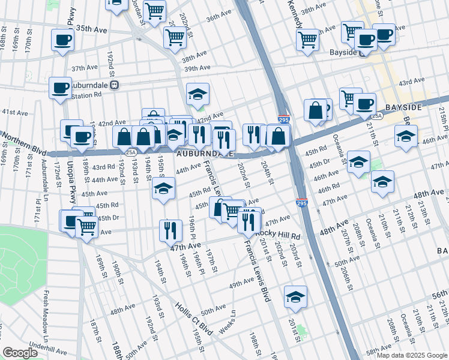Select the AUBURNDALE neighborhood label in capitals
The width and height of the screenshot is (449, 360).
tap(205, 154)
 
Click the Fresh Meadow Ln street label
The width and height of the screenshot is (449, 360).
tap(45, 313)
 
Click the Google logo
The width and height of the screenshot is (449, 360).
tap(20, 353)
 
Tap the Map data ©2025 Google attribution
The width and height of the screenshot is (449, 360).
tap(412, 355)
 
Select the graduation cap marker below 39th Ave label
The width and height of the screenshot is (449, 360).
tap(197, 94)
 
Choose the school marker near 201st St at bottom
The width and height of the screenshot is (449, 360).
tap(295, 297)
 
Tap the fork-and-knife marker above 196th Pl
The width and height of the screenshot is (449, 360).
tap(170, 230)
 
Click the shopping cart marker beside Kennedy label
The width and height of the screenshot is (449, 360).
tap(307, 40)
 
